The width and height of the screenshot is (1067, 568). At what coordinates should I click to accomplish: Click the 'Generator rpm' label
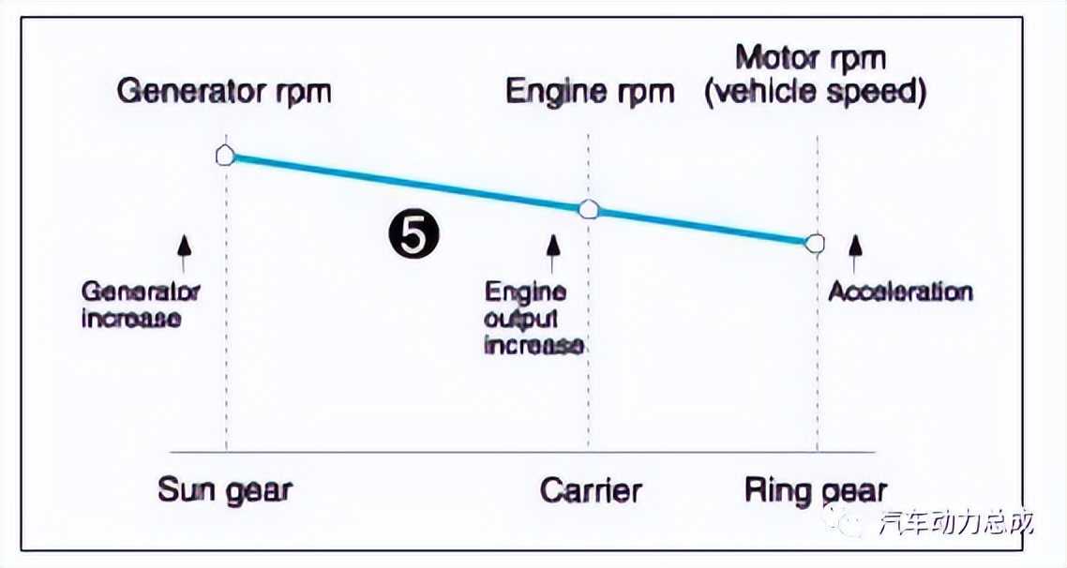coord(224,92)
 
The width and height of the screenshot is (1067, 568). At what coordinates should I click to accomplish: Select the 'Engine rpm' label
coord(590,92)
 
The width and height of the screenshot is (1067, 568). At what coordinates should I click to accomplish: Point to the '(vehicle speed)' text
coord(815,94)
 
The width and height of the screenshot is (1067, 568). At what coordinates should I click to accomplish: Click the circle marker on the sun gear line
coord(225,155)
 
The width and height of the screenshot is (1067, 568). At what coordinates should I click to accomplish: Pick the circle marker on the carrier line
coord(588,209)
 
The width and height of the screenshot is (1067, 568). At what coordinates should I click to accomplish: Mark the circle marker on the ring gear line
coord(816,244)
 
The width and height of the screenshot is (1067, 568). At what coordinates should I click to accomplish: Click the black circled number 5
coord(413,235)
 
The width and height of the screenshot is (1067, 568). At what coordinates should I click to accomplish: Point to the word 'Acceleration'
coord(900,291)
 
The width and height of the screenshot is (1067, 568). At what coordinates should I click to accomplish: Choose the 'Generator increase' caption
coord(141,304)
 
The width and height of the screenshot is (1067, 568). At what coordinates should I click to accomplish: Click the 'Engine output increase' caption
coord(533,319)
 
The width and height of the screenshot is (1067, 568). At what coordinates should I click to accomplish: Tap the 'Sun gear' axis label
coord(225,490)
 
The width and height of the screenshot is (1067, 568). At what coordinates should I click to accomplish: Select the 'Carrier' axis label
coord(591,490)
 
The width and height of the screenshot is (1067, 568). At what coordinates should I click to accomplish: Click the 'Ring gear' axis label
coord(815,490)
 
